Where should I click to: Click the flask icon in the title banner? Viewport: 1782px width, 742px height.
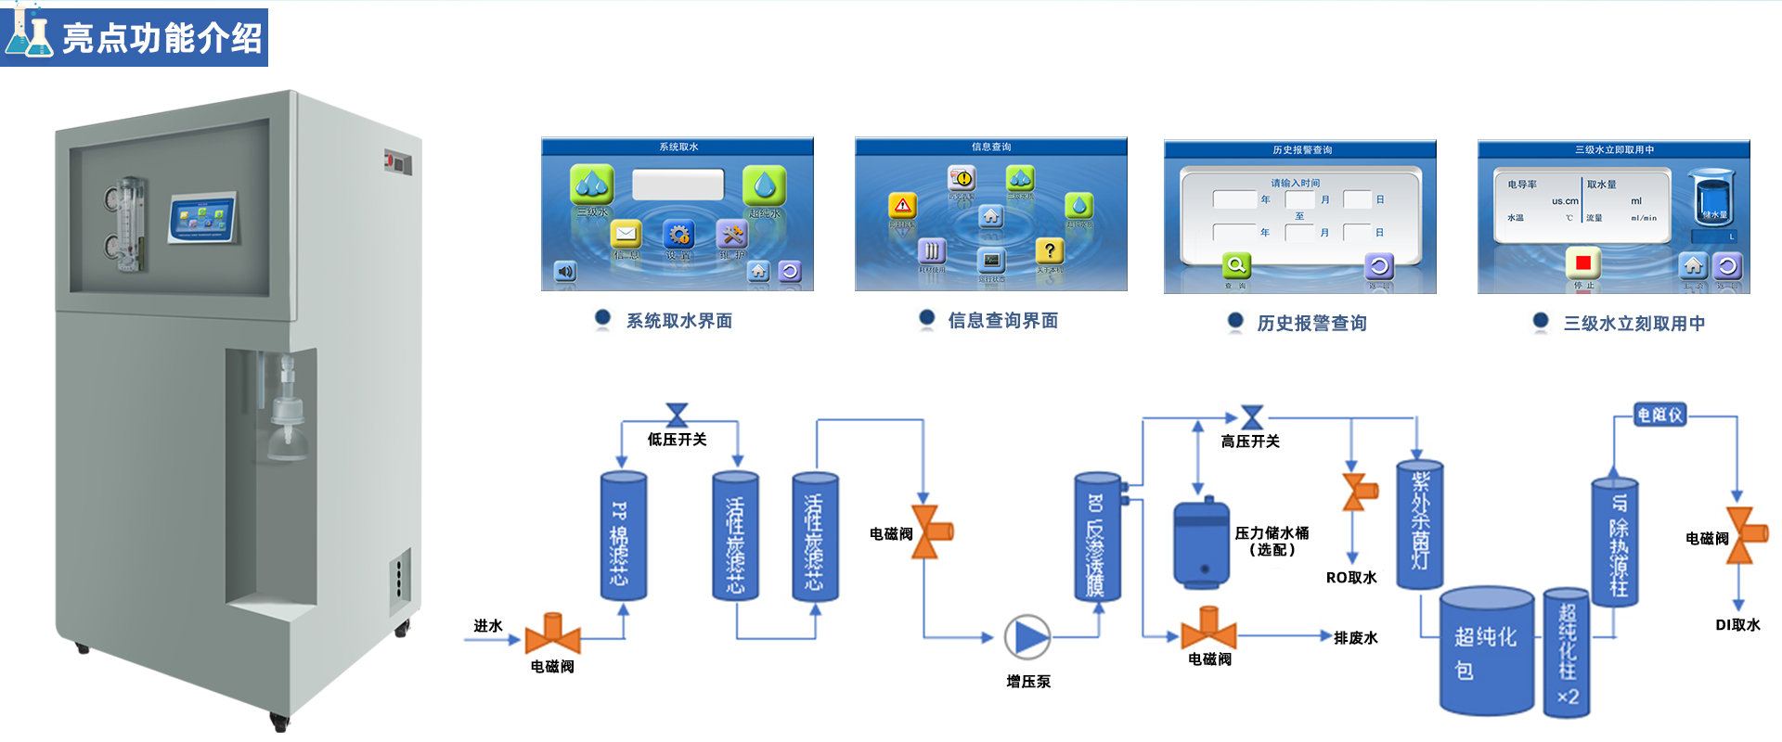pos(30,35)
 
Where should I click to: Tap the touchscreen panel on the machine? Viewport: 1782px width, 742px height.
pos(203,218)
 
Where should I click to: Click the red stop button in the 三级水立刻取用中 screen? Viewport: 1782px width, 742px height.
pos(1582,263)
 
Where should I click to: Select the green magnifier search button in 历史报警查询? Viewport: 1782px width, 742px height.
pos(1236,265)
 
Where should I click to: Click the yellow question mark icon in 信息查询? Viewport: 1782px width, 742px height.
pos(1049,250)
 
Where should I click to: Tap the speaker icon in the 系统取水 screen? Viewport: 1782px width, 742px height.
pos(565,271)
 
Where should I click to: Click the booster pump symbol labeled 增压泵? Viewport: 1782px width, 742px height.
pos(1027,637)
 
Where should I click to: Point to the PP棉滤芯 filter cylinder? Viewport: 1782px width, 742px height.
pos(623,536)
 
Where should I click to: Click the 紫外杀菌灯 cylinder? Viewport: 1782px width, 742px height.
pos(1419,525)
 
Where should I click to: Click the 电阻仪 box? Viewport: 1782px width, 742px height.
pos(1659,415)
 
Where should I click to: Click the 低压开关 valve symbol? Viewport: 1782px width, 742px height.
pos(678,415)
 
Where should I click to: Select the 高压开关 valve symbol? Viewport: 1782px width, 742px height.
pos(1252,417)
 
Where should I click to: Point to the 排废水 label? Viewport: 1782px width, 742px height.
pos(1355,637)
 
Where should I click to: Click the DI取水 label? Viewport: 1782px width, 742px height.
pos(1737,624)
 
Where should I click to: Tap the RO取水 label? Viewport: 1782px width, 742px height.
pos(1351,577)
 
